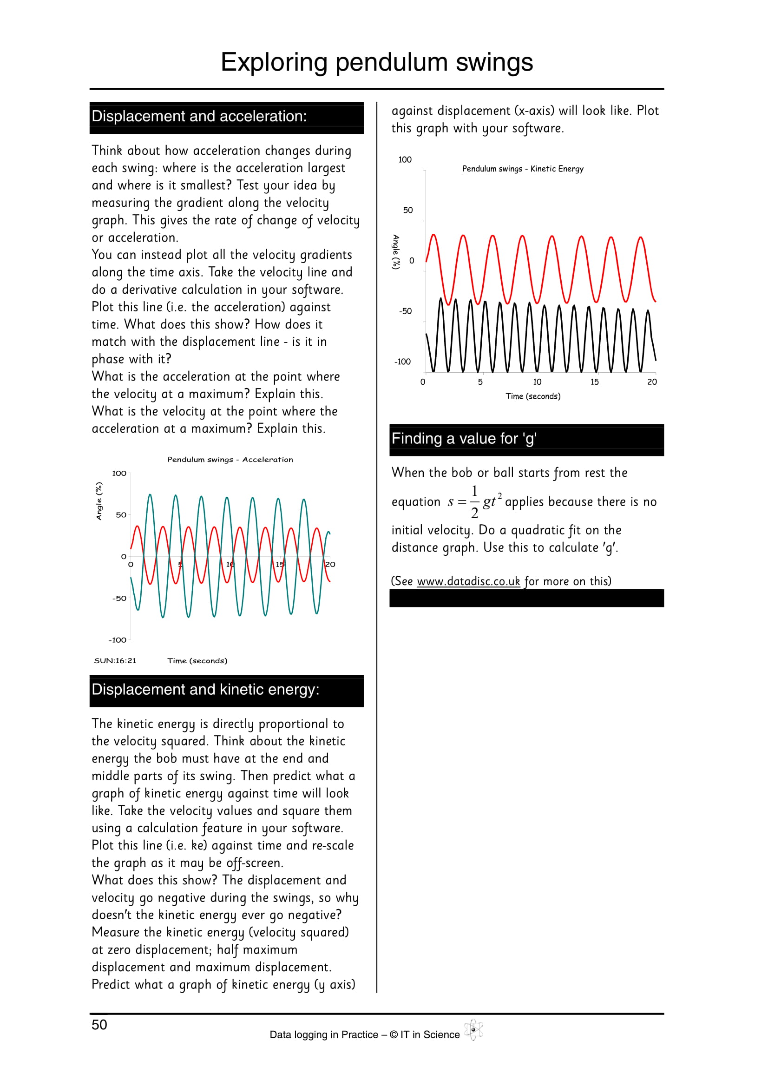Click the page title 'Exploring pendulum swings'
[x=377, y=62]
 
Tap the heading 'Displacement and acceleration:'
[x=199, y=116]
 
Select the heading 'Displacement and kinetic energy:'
[x=205, y=689]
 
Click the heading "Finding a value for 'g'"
[x=464, y=438]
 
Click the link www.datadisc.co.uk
[x=468, y=581]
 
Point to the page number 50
[x=99, y=1025]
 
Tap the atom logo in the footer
[x=473, y=1030]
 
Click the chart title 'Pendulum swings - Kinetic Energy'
[x=522, y=169]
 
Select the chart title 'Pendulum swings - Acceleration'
[x=230, y=459]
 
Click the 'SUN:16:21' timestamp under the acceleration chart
[x=115, y=660]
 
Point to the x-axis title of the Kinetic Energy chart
[x=533, y=396]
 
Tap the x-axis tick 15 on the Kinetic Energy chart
[x=594, y=382]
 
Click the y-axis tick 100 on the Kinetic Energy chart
[x=405, y=159]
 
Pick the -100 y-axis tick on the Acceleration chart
[x=118, y=640]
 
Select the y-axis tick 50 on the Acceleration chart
[x=121, y=514]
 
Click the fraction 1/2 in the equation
[x=474, y=502]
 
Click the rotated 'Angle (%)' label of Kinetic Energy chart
[x=396, y=252]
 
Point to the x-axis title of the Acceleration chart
[x=197, y=660]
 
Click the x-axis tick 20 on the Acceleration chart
[x=330, y=564]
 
